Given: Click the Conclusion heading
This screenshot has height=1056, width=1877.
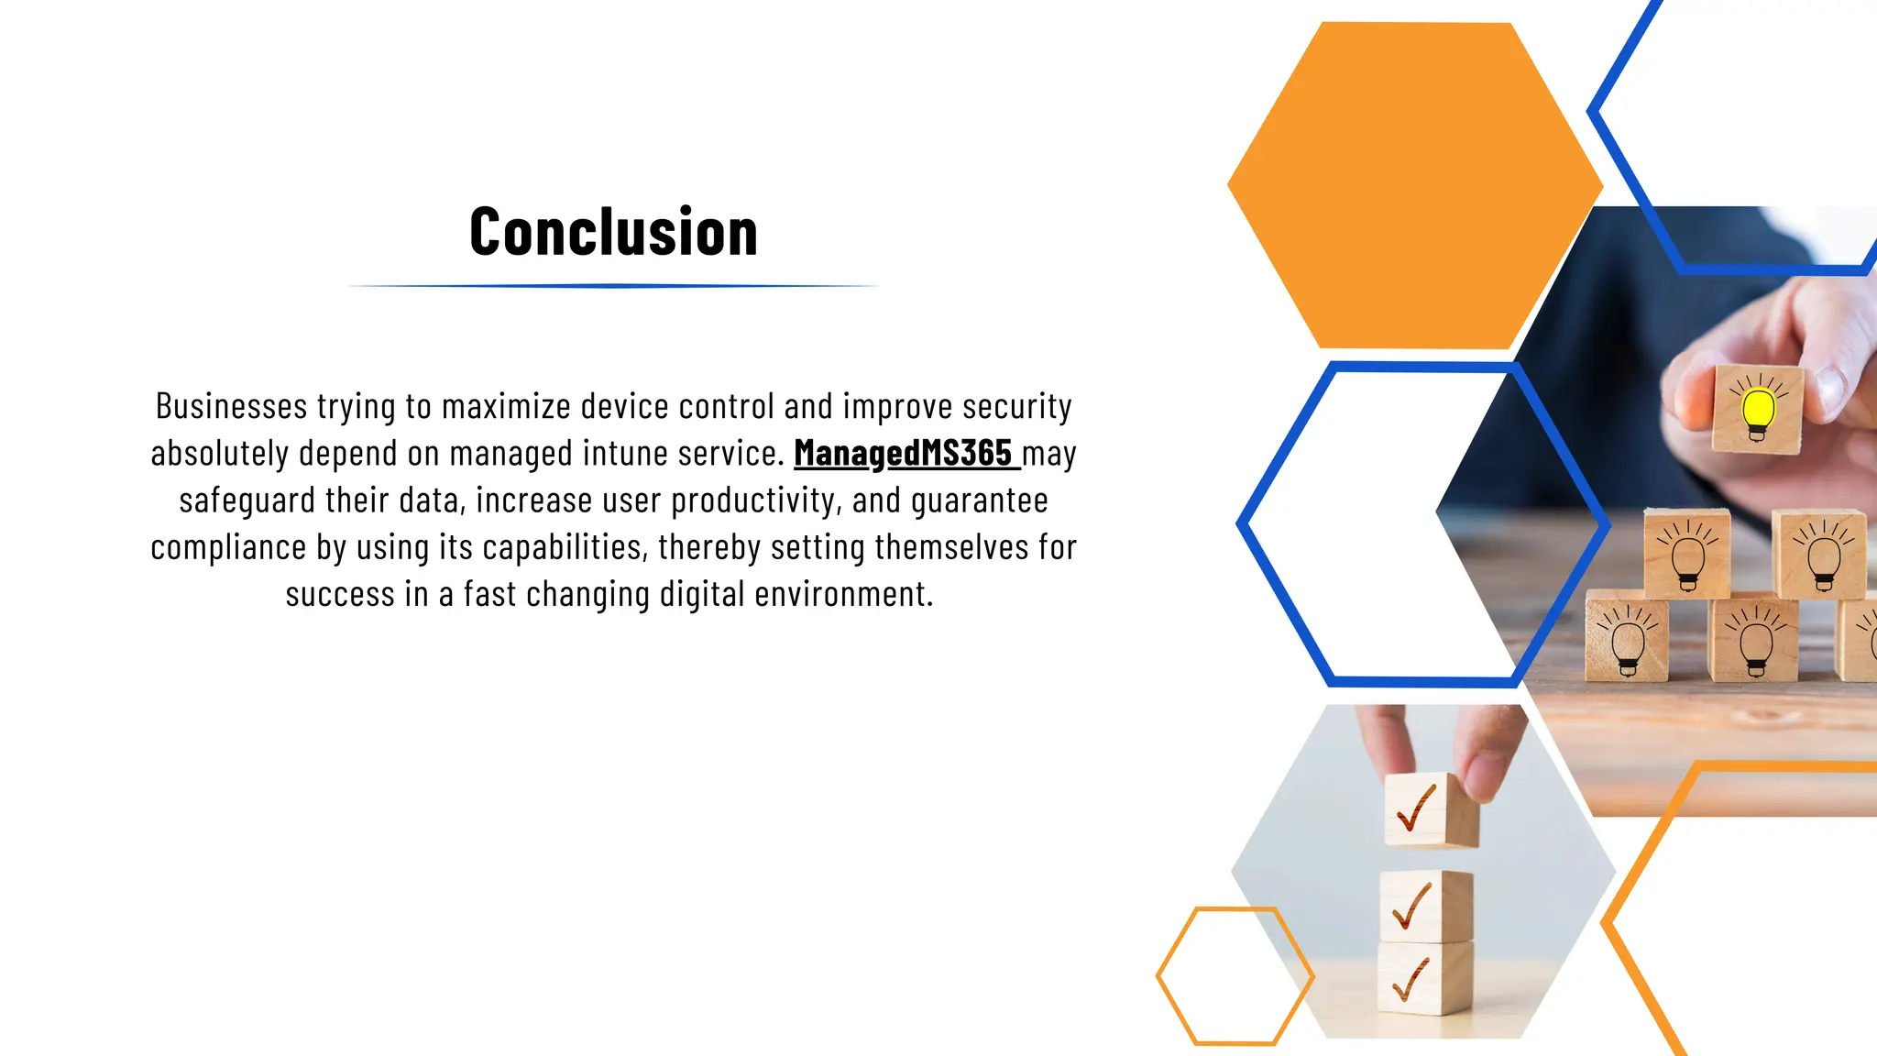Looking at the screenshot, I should pyautogui.click(x=613, y=232).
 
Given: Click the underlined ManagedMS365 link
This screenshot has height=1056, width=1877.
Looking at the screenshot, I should pyautogui.click(x=904, y=453).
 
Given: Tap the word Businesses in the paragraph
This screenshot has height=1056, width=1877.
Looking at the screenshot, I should pyautogui.click(x=231, y=406).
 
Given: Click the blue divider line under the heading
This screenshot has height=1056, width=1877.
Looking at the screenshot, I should pyautogui.click(x=613, y=286).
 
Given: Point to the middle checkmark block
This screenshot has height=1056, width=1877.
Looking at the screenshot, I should pyautogui.click(x=1424, y=904).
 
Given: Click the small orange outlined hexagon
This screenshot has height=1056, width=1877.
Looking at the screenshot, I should pyautogui.click(x=1235, y=975).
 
